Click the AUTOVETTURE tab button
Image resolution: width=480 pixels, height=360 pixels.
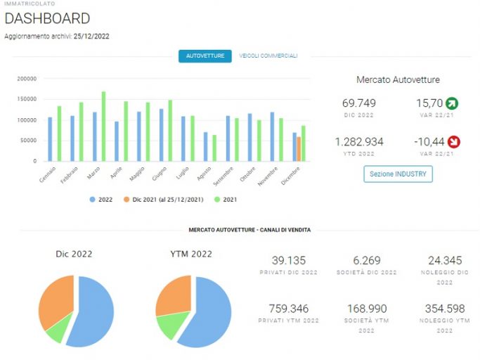205,56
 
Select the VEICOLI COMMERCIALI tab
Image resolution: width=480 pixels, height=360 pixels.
268,56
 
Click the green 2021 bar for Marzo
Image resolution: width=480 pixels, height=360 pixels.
103,127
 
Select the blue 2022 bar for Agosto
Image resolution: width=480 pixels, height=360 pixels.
206,147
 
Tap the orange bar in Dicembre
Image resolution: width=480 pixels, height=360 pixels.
299,149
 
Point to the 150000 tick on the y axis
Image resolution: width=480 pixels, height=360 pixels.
27,99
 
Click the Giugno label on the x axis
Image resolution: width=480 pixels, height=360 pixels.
160,174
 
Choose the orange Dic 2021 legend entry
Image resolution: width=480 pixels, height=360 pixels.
164,200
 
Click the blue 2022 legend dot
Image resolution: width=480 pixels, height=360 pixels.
93,200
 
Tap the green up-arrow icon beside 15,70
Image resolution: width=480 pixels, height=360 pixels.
452,103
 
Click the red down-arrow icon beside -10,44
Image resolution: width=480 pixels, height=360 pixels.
454,142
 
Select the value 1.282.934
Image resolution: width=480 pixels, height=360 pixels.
359,142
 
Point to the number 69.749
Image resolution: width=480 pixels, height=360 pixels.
359,103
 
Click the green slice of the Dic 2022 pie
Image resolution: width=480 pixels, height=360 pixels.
59,328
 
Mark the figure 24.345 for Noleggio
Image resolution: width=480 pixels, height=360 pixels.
445,260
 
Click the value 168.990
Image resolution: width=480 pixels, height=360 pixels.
367,309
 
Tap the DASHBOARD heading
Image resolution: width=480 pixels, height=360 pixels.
48,18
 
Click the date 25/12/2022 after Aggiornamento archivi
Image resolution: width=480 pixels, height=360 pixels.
91,36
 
